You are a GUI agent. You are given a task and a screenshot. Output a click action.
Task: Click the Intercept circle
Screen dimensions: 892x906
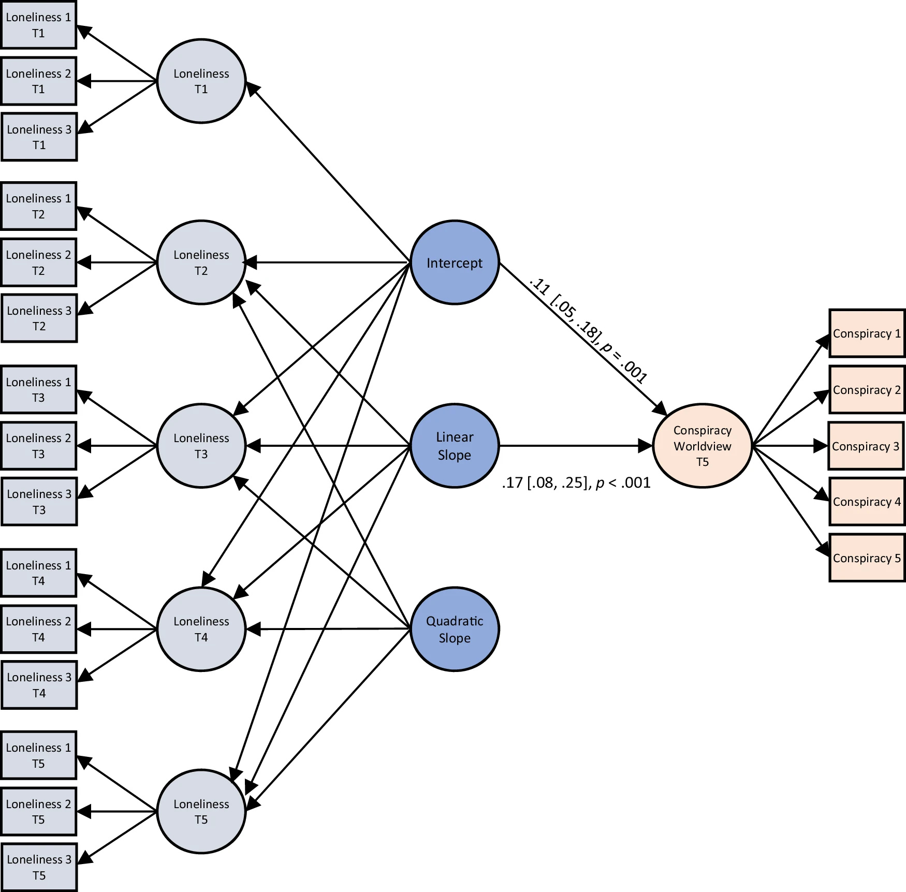[454, 262]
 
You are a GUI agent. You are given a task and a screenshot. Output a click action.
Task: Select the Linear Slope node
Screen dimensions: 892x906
[454, 445]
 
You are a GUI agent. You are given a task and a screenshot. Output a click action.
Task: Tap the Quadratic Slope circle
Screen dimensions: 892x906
[454, 628]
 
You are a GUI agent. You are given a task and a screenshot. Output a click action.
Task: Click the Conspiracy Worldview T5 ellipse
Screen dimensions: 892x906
[702, 445]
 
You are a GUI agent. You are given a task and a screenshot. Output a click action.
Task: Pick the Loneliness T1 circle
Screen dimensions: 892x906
[201, 81]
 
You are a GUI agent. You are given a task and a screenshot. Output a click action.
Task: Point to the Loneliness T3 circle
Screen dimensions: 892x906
[201, 445]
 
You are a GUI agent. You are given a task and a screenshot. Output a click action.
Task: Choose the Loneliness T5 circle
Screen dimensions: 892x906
[201, 811]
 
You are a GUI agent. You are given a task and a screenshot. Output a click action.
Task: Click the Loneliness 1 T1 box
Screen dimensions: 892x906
[38, 25]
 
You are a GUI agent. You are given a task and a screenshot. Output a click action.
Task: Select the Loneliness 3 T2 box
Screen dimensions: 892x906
[39, 318]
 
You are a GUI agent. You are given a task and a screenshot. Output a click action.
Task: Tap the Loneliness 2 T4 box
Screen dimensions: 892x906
[38, 628]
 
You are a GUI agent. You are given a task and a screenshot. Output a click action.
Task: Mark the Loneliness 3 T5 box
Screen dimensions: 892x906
[39, 867]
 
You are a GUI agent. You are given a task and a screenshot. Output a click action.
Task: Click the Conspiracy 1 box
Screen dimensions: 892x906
[866, 333]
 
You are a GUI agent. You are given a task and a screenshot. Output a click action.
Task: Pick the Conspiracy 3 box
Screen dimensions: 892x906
[865, 446]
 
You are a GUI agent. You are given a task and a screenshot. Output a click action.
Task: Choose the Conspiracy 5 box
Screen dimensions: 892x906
[866, 558]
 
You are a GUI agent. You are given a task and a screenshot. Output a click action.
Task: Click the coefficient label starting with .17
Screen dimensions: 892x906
[576, 482]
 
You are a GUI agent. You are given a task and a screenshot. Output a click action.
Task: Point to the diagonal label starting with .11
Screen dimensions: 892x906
[589, 330]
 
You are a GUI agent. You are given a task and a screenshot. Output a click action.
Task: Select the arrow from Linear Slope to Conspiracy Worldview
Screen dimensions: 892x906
[575, 445]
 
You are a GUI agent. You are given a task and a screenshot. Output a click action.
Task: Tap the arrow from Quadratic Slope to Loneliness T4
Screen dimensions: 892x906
[331, 629]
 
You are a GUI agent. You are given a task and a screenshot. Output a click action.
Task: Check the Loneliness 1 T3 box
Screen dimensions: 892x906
[38, 389]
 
